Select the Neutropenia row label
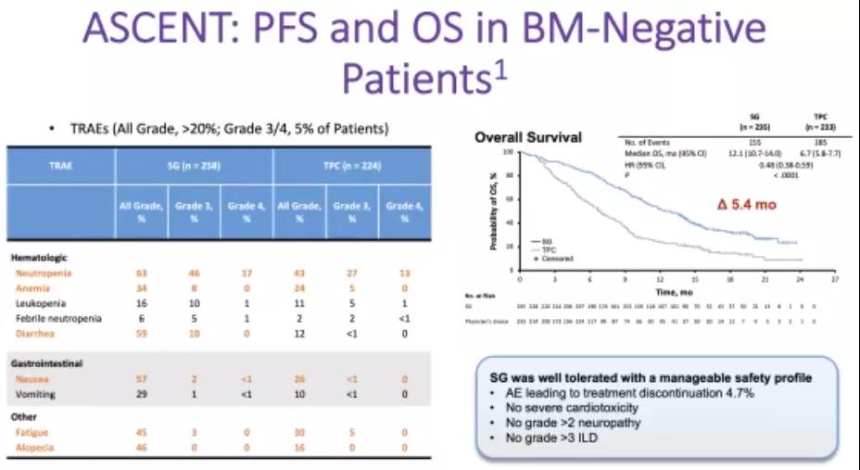tap(45, 273)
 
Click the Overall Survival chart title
tap(528, 137)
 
